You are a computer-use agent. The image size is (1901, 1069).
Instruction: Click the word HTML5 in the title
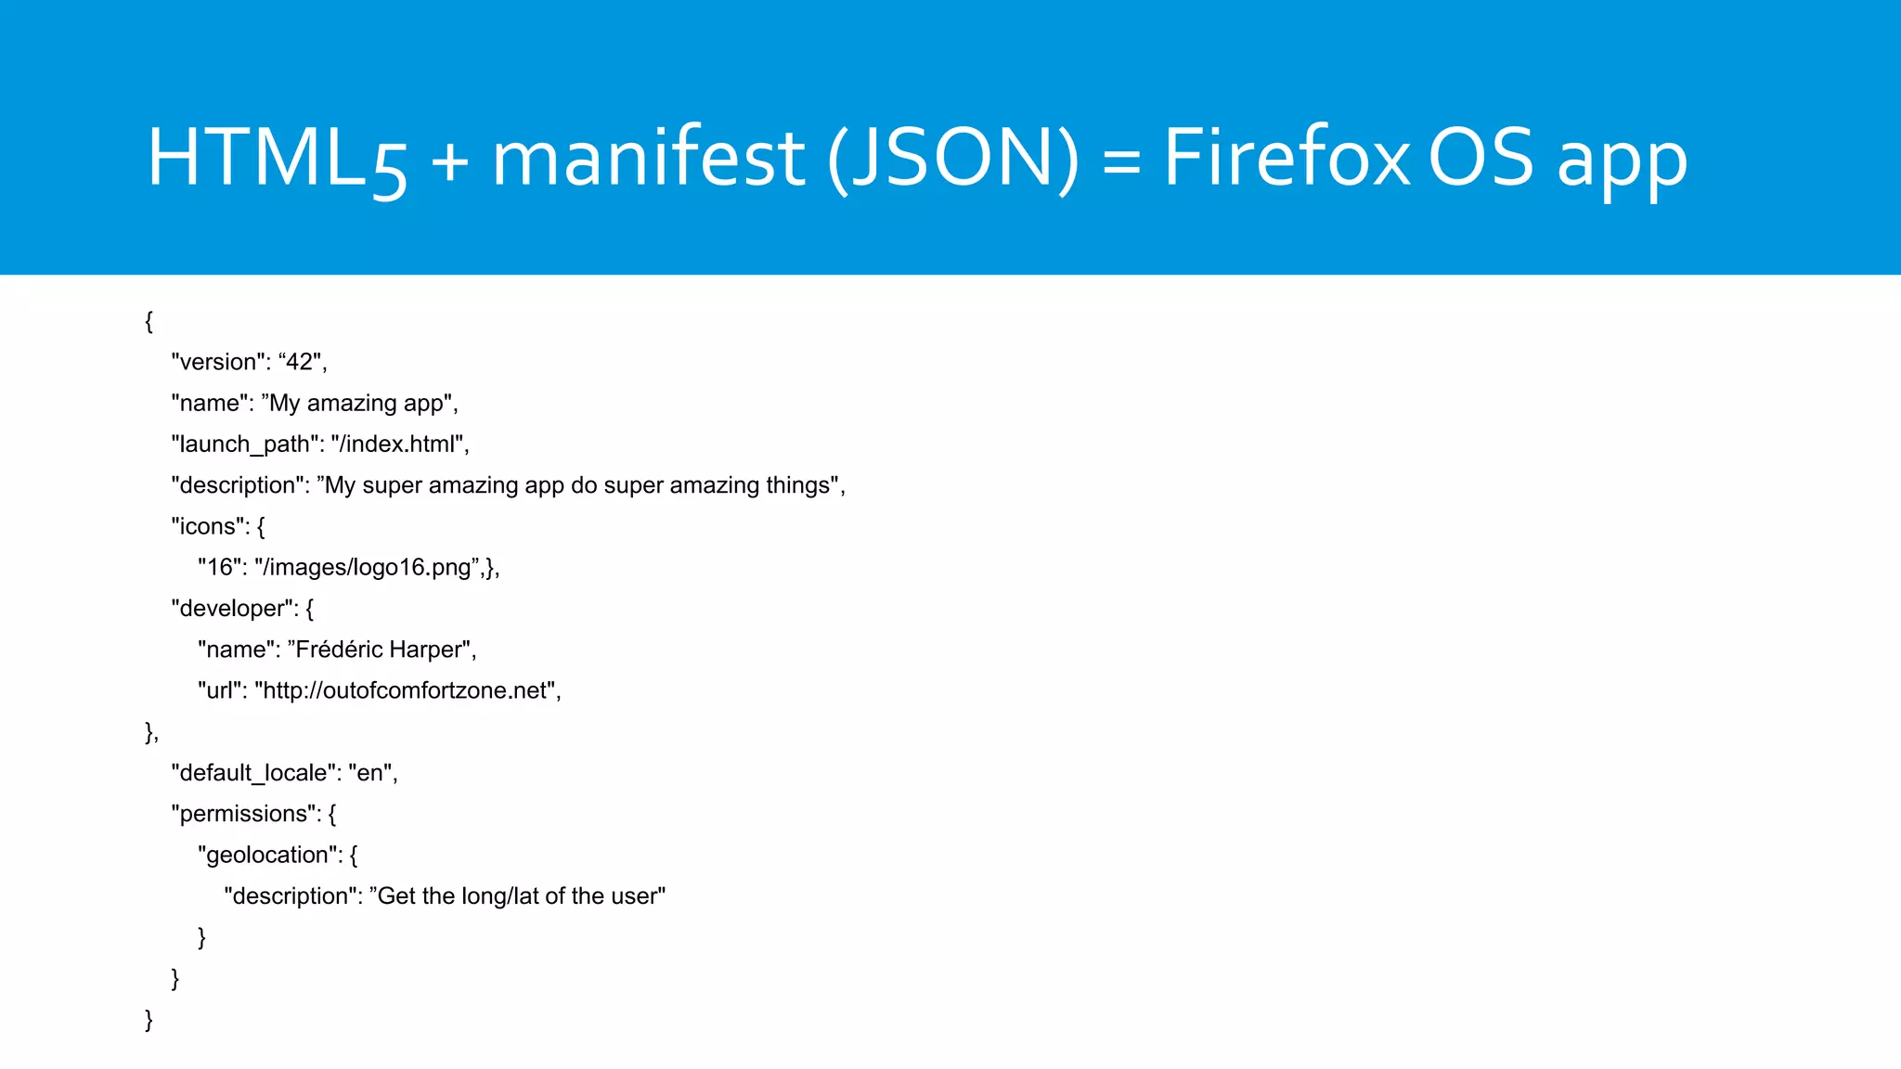click(x=277, y=158)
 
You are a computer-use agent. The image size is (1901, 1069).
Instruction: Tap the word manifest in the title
click(x=648, y=158)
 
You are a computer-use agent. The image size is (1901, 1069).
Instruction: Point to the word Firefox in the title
click(x=1287, y=158)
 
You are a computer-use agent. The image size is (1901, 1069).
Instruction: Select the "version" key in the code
click(x=217, y=362)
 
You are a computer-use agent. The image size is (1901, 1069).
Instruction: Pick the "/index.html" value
click(x=397, y=444)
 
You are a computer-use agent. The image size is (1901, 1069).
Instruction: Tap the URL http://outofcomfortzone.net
click(x=406, y=690)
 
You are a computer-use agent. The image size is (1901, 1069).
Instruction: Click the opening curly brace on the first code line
click(x=149, y=321)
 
